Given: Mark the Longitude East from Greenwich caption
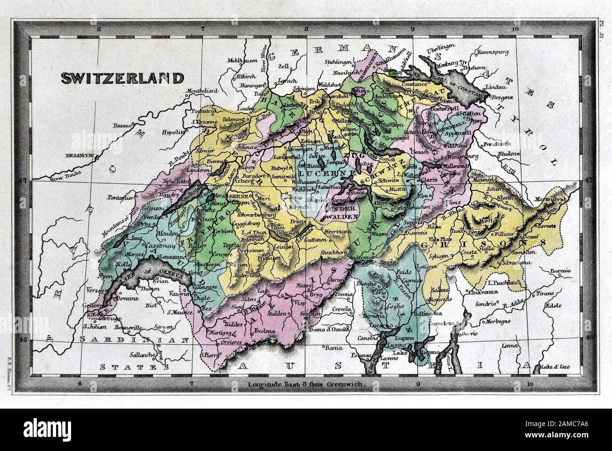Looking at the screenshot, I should pyautogui.click(x=305, y=384).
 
